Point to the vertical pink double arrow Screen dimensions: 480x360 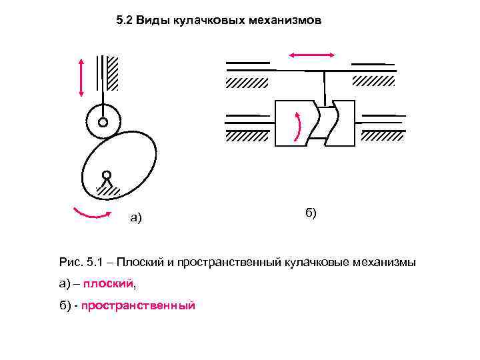click(x=81, y=77)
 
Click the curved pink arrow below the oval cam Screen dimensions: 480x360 click(x=93, y=213)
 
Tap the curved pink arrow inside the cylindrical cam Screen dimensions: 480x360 click(x=297, y=125)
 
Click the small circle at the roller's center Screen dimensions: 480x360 click(x=103, y=123)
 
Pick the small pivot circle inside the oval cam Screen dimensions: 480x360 click(x=106, y=175)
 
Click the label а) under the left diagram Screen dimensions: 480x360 click(x=136, y=217)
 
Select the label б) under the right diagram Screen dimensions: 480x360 click(x=311, y=213)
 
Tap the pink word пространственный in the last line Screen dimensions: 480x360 click(x=138, y=305)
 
